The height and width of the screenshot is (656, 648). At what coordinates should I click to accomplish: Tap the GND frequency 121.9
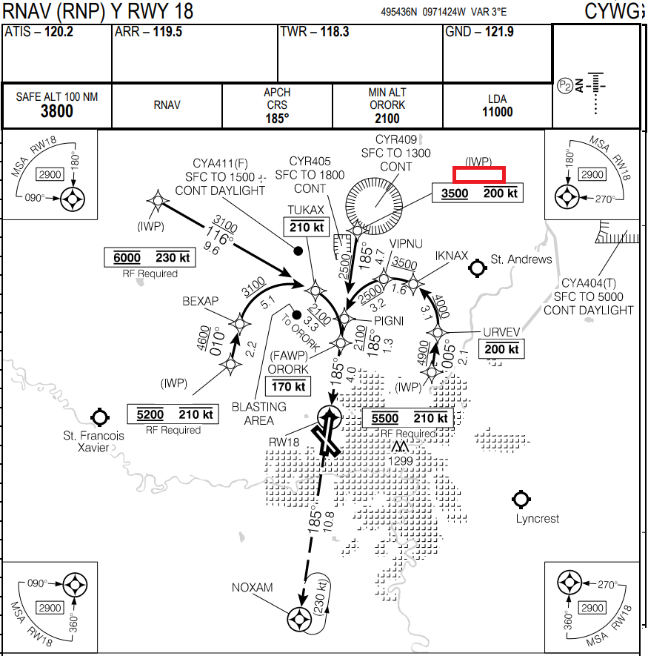click(499, 33)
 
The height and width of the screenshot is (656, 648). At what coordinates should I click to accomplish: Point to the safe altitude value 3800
click(57, 111)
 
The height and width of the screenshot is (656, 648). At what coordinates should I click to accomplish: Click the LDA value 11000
click(497, 112)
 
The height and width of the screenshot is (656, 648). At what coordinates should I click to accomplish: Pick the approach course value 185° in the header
click(277, 117)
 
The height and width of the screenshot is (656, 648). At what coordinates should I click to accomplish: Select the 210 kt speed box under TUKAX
click(307, 228)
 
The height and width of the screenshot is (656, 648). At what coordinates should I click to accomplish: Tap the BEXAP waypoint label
click(201, 301)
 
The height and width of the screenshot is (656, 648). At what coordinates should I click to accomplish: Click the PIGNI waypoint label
click(390, 321)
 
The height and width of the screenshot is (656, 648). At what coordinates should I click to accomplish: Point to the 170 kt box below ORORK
click(289, 386)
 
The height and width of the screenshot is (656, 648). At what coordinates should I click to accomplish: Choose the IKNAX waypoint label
click(452, 256)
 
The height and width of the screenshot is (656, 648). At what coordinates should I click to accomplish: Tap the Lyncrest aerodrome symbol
click(522, 499)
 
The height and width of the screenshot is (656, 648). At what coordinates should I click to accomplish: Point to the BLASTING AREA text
click(258, 414)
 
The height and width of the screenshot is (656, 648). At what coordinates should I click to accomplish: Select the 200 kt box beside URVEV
click(502, 349)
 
